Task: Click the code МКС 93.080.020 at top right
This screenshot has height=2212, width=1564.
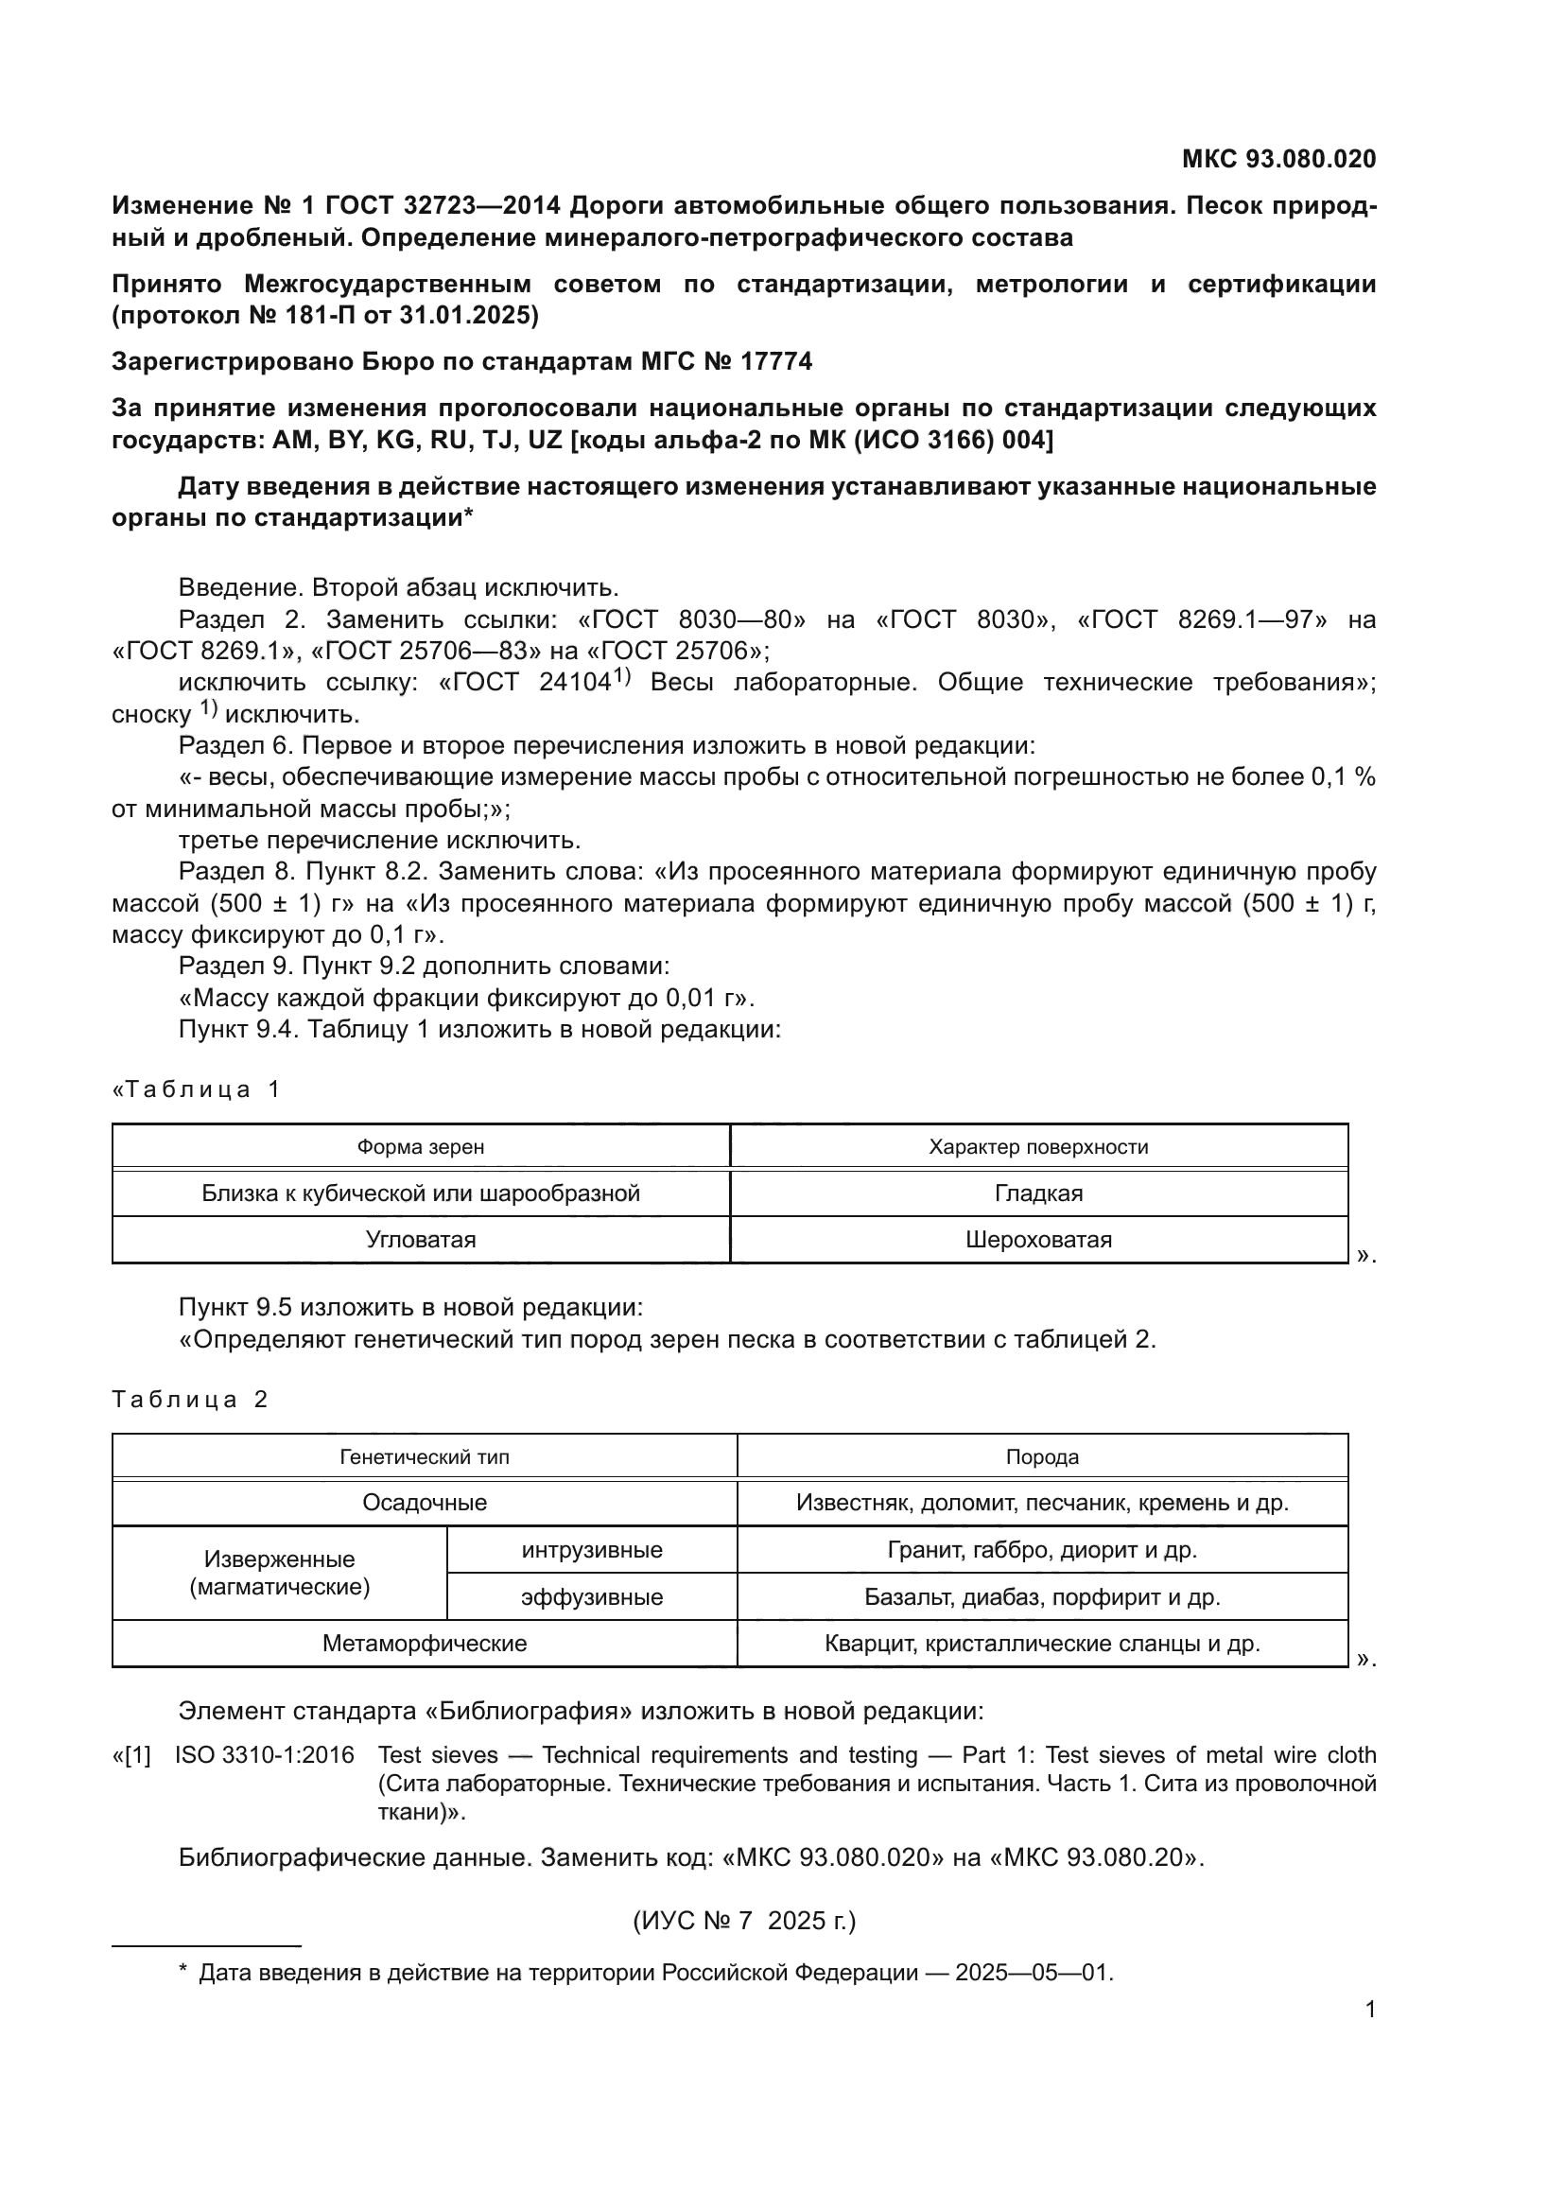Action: point(1278,159)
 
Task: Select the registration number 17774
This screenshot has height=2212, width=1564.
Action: point(776,361)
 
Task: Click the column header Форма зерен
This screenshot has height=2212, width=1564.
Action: point(420,1146)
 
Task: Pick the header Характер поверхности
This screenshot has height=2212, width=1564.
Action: point(1038,1146)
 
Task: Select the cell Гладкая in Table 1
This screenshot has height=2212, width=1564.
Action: point(1038,1193)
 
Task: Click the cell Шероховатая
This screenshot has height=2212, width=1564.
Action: point(1038,1240)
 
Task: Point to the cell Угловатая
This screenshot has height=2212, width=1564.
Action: point(420,1240)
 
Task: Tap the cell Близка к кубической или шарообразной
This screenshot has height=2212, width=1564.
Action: point(420,1193)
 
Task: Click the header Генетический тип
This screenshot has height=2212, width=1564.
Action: point(424,1456)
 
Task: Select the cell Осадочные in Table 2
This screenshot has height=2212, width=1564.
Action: point(424,1503)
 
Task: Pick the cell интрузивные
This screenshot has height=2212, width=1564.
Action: point(591,1550)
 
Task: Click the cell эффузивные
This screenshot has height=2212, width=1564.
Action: point(591,1597)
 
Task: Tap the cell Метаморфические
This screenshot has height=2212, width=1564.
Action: point(424,1644)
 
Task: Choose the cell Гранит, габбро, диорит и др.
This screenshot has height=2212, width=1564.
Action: point(1042,1550)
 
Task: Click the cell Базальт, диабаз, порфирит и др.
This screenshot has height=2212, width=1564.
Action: point(1042,1597)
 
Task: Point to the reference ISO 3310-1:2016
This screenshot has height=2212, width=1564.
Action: point(264,1755)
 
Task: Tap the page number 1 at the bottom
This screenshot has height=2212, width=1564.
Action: point(1370,2010)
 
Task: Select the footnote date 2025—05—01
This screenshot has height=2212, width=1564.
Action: point(1034,1973)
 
